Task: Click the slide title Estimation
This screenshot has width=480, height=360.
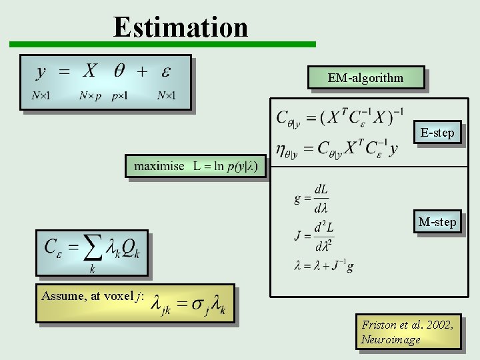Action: (181, 27)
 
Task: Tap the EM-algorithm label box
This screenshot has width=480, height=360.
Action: (365, 78)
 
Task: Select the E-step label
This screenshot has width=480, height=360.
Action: (437, 133)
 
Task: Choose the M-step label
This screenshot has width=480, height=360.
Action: (437, 221)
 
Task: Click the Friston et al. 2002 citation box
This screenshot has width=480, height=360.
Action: (407, 332)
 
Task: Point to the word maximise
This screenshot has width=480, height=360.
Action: (159, 165)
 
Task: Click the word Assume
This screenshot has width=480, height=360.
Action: (59, 296)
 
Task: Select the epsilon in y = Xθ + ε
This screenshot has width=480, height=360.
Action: (166, 71)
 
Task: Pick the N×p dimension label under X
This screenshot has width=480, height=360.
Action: (90, 96)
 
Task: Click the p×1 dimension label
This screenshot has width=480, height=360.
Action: (120, 96)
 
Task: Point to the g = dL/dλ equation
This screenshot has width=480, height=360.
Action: (312, 197)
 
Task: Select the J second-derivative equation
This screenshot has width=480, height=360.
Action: (314, 235)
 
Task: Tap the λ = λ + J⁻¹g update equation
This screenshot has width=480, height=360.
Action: (324, 266)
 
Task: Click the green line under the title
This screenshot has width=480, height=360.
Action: (162, 45)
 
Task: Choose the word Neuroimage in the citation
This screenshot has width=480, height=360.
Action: (391, 340)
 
